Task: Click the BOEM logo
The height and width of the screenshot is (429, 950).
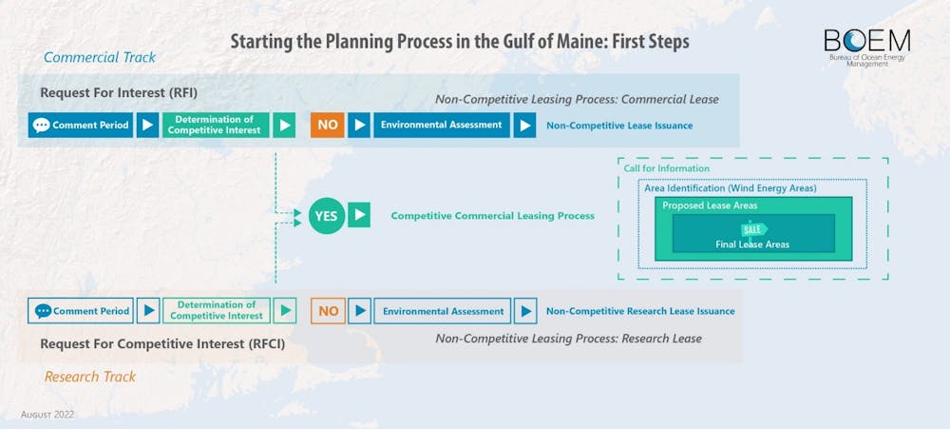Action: click(867, 48)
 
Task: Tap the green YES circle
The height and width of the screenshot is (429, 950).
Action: click(327, 215)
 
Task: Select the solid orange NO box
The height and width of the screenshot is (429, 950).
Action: click(327, 125)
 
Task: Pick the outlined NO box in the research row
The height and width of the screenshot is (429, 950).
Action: click(328, 311)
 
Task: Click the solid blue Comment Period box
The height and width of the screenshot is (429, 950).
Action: click(81, 125)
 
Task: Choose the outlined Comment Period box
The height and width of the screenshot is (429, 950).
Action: click(81, 311)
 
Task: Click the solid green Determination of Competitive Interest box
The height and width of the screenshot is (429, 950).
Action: click(215, 125)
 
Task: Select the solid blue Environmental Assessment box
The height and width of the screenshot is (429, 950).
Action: click(442, 125)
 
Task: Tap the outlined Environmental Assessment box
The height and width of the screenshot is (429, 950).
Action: click(443, 311)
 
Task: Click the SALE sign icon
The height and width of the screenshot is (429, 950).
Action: click(754, 229)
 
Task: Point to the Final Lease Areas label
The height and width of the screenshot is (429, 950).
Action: click(751, 244)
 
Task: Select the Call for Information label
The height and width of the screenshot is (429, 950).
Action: click(667, 168)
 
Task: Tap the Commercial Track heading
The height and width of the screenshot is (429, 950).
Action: click(100, 58)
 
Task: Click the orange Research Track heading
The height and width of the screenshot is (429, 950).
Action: click(90, 377)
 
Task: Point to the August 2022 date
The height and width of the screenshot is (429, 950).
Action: click(47, 415)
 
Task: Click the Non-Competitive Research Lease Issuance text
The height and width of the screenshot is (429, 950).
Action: click(640, 311)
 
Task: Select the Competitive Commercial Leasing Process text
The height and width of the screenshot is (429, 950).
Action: click(492, 215)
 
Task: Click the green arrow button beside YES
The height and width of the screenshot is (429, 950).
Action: click(359, 215)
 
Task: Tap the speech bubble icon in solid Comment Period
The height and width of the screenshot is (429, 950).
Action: click(41, 126)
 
